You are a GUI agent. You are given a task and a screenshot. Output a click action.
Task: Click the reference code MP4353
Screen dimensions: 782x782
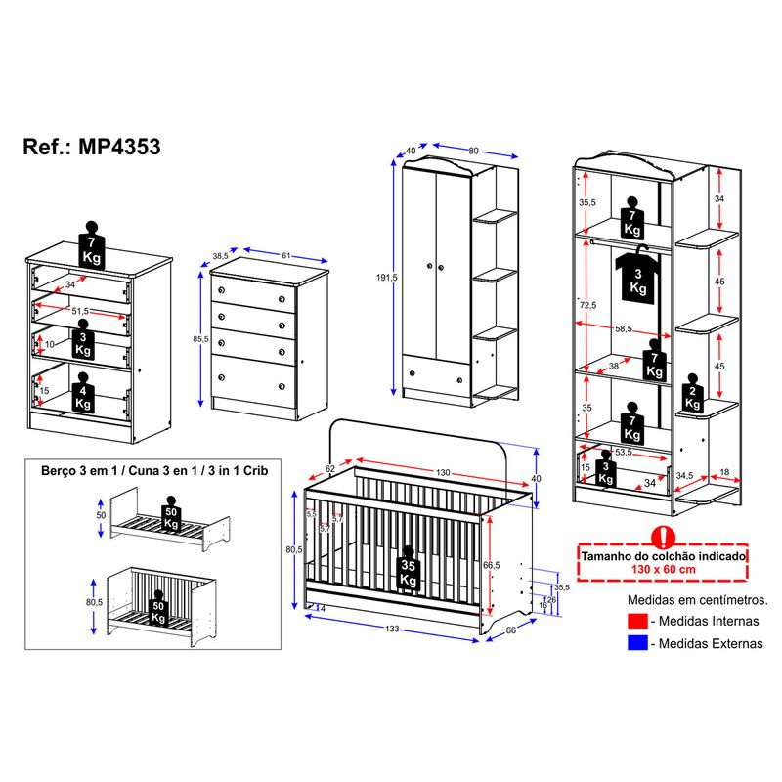(x=116, y=147)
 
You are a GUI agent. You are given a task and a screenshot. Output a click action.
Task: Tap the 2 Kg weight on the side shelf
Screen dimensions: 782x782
(x=693, y=392)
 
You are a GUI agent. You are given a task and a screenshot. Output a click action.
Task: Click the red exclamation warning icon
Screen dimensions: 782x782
(x=663, y=536)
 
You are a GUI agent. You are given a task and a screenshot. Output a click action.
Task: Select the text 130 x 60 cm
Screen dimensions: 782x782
(x=663, y=569)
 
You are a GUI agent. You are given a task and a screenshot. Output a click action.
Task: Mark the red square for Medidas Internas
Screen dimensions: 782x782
(x=636, y=622)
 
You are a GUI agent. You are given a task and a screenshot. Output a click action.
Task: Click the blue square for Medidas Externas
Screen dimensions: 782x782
(x=636, y=643)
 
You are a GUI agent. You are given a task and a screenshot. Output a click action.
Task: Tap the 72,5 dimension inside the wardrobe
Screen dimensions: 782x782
(x=587, y=306)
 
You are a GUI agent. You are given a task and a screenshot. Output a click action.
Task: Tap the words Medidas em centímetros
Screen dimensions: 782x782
(x=697, y=598)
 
